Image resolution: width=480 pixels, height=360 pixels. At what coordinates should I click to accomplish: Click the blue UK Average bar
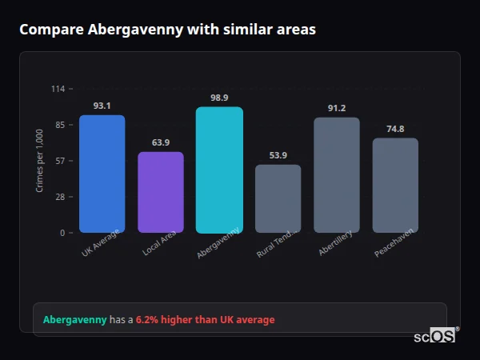102,174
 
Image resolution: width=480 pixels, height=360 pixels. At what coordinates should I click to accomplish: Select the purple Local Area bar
161,192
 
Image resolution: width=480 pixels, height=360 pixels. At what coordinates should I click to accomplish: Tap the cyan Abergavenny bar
219,170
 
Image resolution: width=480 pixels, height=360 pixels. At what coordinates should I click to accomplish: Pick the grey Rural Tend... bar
278,198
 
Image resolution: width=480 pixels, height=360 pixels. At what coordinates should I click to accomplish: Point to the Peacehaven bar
395,185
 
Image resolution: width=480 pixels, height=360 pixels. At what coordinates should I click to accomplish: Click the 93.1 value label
102,106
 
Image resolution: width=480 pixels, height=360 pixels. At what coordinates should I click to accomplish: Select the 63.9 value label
161,142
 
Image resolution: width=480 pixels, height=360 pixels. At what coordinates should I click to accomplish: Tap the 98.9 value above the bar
219,98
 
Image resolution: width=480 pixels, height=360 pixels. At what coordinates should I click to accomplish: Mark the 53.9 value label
278,155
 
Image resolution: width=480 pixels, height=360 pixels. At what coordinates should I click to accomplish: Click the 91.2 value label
337,108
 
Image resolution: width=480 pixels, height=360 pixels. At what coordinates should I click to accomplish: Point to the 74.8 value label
395,129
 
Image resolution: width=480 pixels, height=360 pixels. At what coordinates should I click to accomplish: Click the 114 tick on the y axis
58,89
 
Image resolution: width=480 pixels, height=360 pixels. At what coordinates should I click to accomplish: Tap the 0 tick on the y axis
62,233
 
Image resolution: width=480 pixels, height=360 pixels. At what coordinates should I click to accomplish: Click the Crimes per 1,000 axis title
39,161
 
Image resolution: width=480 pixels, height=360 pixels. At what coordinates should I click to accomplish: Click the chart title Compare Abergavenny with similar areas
167,30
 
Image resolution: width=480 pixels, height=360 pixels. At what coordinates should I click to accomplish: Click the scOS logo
434,336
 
